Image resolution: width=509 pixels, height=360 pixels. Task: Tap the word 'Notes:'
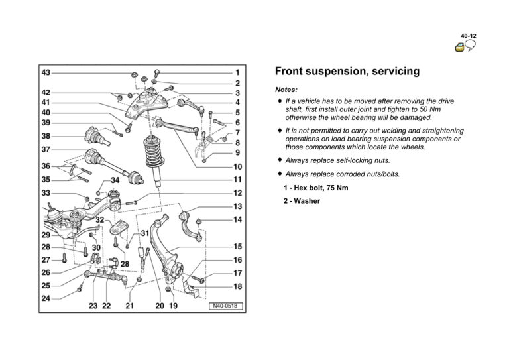286,89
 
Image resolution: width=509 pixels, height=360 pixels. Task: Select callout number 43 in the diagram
46,71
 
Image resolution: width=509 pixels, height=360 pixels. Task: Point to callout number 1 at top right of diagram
237,71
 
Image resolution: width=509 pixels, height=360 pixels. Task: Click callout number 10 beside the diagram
237,167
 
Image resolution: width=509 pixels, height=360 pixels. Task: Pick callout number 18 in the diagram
237,286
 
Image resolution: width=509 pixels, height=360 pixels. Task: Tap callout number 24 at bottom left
46,298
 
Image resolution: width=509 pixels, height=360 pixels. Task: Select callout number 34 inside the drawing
115,180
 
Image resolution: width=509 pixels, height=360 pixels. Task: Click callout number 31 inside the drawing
144,234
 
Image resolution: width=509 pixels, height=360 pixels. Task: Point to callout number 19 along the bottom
173,306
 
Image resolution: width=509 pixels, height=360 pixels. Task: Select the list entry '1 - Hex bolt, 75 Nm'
315,188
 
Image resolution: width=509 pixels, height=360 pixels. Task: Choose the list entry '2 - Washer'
302,200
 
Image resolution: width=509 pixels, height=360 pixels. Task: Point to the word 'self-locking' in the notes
345,160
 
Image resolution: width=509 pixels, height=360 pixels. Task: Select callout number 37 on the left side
46,150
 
